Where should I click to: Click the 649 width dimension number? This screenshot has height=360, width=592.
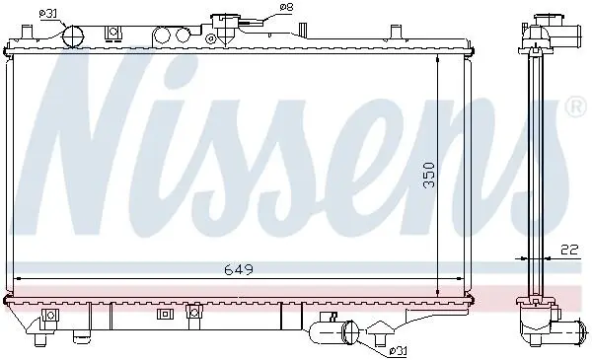239,269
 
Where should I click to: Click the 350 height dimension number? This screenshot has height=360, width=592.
429,176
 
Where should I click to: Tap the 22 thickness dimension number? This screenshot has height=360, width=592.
569,250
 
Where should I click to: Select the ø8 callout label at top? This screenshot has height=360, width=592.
286,7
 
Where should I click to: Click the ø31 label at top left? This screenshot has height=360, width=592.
48,14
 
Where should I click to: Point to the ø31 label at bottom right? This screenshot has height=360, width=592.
398,352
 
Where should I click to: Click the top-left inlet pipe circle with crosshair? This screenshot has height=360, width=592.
72,36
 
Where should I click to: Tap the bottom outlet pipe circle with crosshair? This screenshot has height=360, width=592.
350,331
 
